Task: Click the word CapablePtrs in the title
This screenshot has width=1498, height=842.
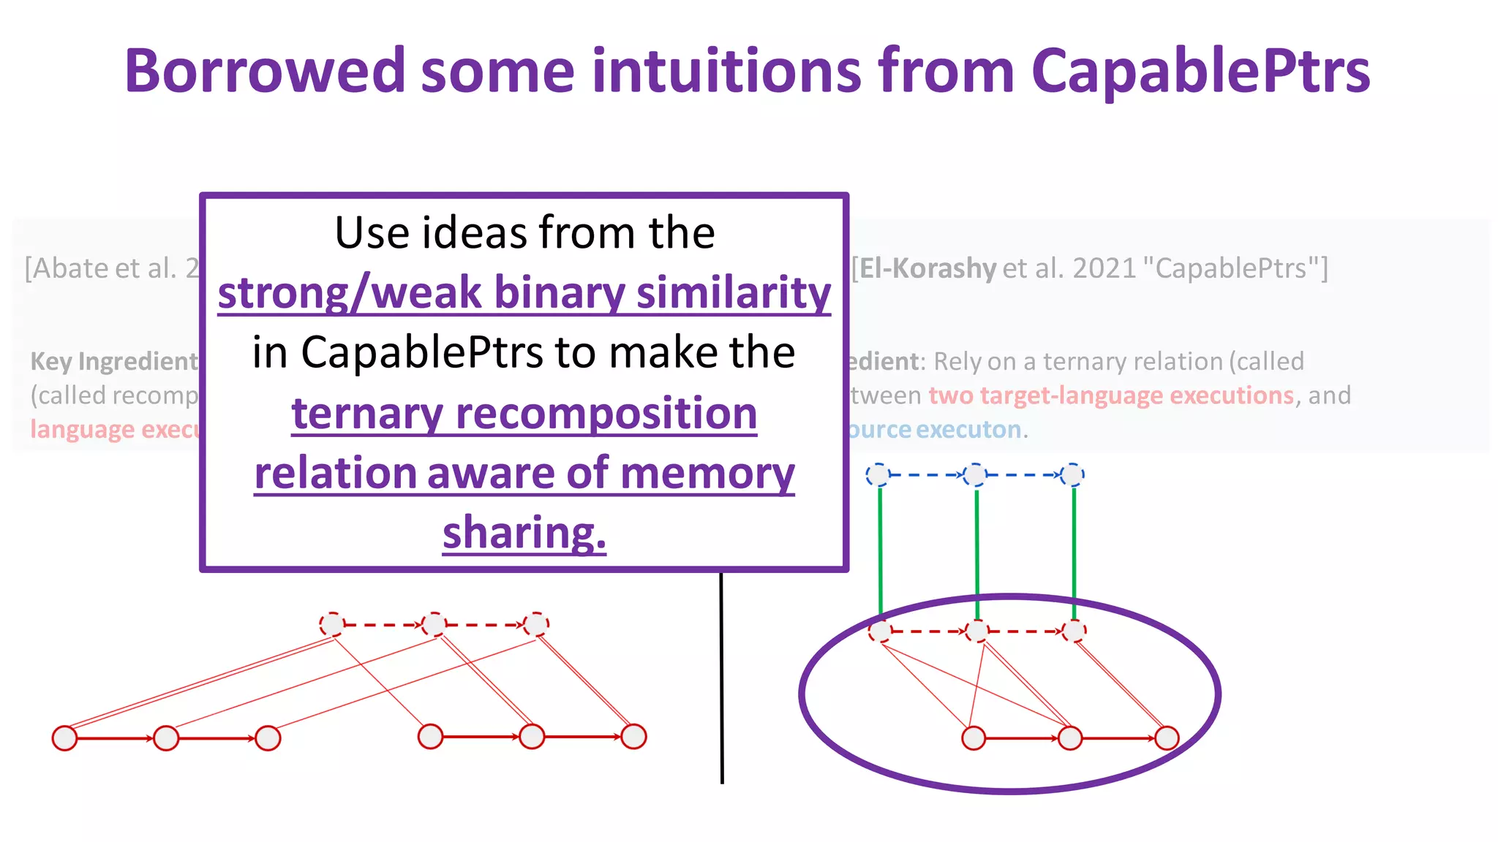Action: [x=1200, y=71]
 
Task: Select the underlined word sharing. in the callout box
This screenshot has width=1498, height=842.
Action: [x=524, y=532]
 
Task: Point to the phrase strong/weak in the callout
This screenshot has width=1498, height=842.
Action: [x=350, y=292]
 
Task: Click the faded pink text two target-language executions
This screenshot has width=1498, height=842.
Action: [x=1111, y=395]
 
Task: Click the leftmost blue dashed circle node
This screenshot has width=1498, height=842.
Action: [x=878, y=475]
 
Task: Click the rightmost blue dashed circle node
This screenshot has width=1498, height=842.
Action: [x=1072, y=475]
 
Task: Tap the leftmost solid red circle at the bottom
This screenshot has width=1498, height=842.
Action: [x=65, y=737]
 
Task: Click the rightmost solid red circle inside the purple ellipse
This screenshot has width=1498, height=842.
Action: [x=1167, y=737]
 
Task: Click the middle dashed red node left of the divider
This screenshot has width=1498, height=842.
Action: [x=434, y=624]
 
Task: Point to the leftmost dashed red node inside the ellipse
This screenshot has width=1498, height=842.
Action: [x=880, y=630]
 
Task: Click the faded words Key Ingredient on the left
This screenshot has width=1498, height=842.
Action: [x=113, y=361]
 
